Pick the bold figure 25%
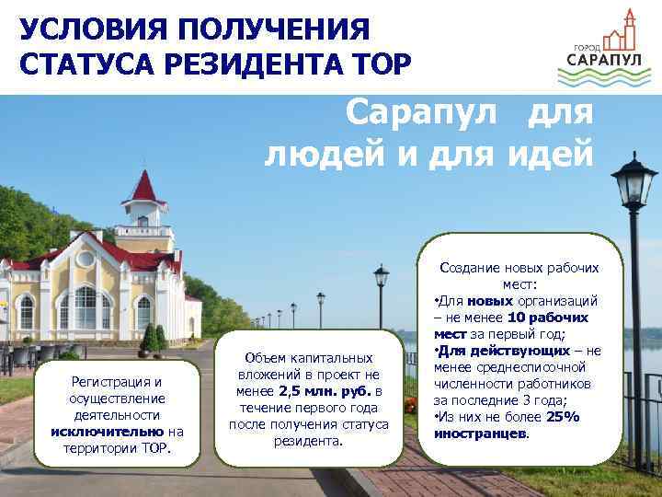click(563, 417)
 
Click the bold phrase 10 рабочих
click(549, 318)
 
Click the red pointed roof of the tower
click(143, 187)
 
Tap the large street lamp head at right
click(633, 180)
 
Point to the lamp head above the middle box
click(381, 275)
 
